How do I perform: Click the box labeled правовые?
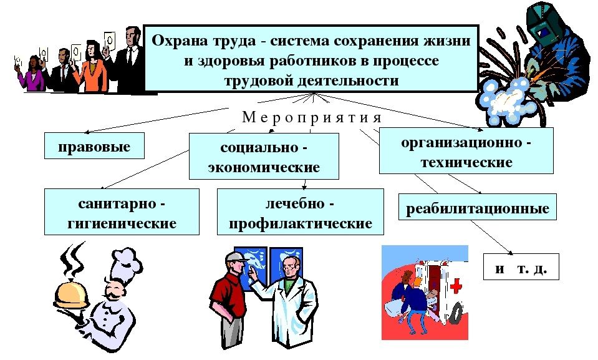pos(94,145)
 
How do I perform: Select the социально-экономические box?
pos(264,156)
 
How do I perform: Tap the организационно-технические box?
pos(466,151)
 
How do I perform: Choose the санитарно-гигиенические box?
pos(122,212)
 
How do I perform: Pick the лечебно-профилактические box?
pos(301,212)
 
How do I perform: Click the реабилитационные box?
pos(478,207)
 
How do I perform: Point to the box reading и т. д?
pos(521,267)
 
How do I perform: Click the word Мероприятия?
pos(312,117)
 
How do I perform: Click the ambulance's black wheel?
pos(455,314)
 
